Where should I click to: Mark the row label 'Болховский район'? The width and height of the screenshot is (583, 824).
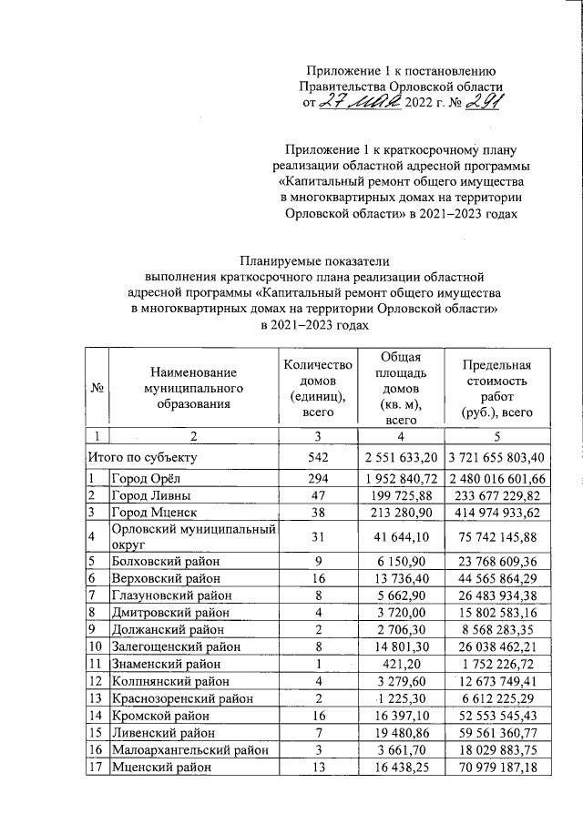point(165,561)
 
